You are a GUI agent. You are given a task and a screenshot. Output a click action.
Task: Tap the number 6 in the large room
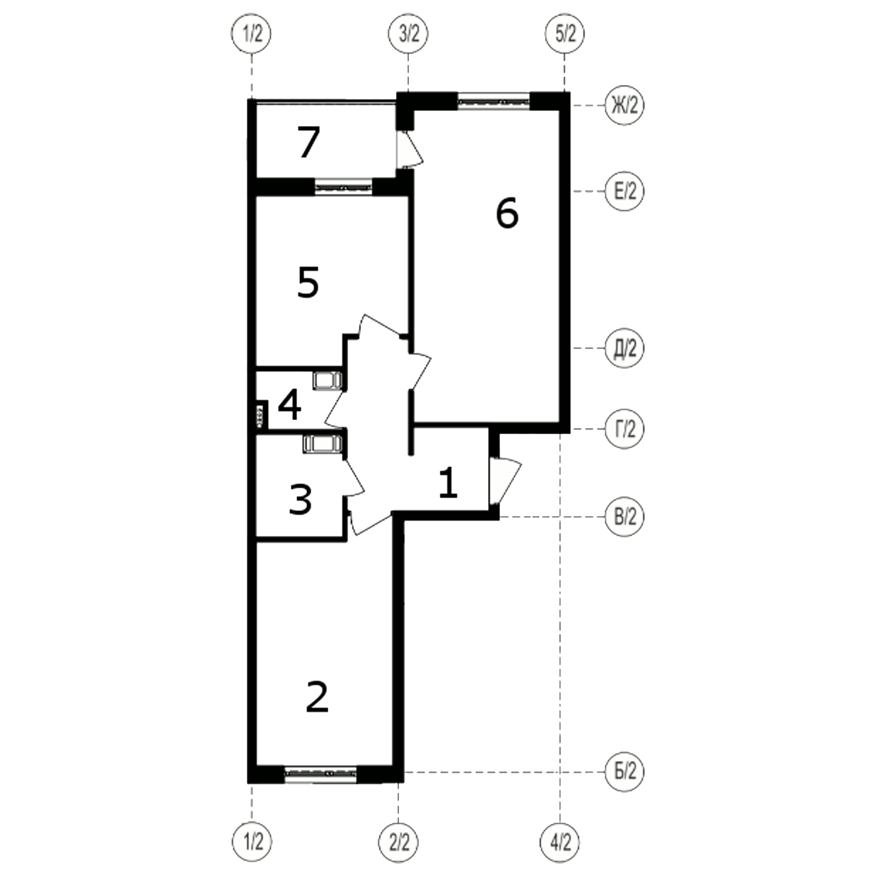pyautogui.click(x=507, y=213)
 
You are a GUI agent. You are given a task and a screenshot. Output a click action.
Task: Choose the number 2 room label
pyautogui.click(x=317, y=697)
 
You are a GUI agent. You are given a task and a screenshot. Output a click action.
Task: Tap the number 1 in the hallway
pyautogui.click(x=448, y=484)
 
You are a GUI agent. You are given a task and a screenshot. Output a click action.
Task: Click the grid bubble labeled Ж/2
pyautogui.click(x=624, y=106)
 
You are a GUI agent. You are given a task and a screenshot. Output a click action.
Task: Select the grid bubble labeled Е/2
pyautogui.click(x=624, y=191)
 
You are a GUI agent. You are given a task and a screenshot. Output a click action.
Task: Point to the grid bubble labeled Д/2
pyautogui.click(x=624, y=349)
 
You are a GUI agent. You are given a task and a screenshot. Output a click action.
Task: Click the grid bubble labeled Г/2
pyautogui.click(x=624, y=429)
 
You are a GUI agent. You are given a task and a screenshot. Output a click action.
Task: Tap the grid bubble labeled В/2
pyautogui.click(x=624, y=517)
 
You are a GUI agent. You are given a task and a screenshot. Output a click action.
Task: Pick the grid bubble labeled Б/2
pyautogui.click(x=624, y=772)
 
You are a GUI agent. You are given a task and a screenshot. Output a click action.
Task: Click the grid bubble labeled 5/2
pyautogui.click(x=565, y=34)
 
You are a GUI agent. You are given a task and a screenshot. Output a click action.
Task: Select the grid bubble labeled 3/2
pyautogui.click(x=408, y=34)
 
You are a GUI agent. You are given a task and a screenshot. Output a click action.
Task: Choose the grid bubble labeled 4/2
pyautogui.click(x=561, y=843)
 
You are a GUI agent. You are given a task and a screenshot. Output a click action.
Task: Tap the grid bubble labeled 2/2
pyautogui.click(x=399, y=843)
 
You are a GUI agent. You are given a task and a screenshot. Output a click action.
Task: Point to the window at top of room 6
pyautogui.click(x=493, y=100)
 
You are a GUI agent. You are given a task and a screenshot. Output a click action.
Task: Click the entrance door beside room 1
pyautogui.click(x=504, y=480)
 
